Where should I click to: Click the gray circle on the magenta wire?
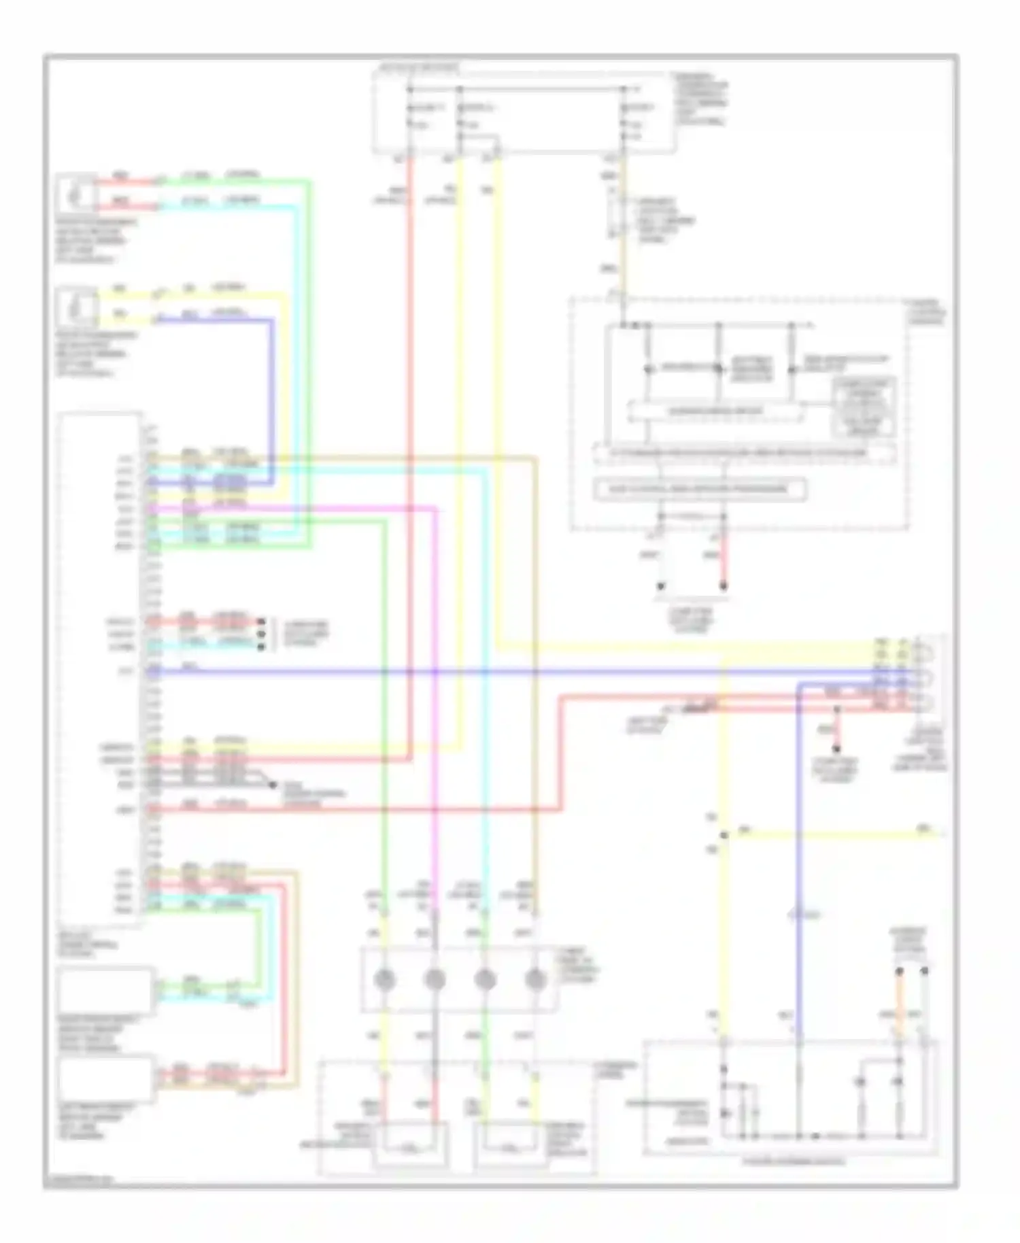point(435,979)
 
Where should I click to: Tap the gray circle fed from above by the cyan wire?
point(486,979)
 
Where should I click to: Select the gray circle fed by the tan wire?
point(536,979)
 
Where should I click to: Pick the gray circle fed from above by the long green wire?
point(385,979)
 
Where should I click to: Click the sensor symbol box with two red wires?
point(77,193)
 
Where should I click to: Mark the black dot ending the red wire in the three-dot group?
point(261,621)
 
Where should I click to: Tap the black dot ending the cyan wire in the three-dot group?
point(261,646)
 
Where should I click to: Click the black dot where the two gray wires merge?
point(272,785)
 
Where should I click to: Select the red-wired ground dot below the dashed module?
point(724,585)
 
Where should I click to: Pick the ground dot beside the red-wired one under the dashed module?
point(660,585)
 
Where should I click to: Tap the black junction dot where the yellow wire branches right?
point(724,834)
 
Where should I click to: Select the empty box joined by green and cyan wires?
point(106,991)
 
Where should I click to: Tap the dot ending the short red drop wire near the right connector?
point(837,751)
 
